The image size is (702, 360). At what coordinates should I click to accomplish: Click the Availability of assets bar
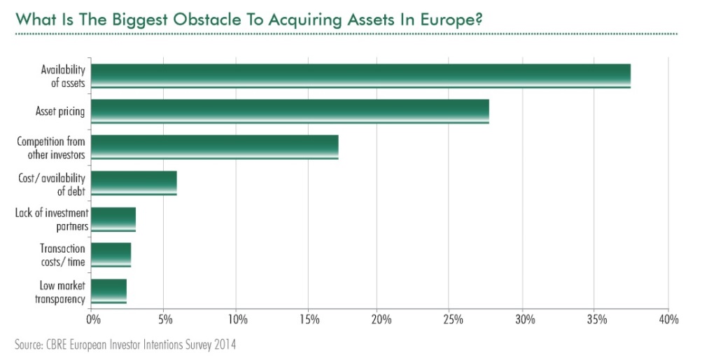point(360,76)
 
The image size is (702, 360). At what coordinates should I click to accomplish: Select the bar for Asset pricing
point(290,112)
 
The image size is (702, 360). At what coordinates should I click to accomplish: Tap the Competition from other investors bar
point(215,147)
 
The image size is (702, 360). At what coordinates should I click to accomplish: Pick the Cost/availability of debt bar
point(134,184)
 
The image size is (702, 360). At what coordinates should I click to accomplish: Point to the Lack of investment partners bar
point(113,219)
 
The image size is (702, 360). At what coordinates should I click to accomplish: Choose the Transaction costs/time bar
point(111,255)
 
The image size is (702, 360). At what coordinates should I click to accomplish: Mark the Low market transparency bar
point(108,291)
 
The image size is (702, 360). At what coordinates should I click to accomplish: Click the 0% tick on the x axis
point(92,320)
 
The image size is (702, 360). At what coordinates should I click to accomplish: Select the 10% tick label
point(237,320)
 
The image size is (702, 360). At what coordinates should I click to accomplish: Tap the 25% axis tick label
point(453,320)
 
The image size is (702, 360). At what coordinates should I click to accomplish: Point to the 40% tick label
point(668,320)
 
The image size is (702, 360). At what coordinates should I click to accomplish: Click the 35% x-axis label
point(596,320)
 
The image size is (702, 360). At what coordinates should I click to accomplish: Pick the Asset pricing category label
point(60,112)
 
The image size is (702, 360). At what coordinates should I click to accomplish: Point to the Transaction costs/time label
point(62,255)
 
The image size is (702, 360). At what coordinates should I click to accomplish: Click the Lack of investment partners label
point(51,219)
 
